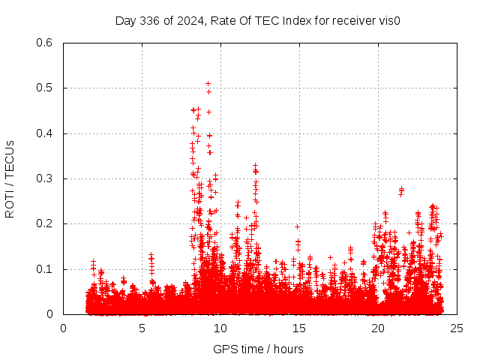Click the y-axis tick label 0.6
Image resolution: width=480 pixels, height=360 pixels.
[43, 43]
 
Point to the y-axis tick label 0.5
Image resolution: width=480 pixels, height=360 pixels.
[43, 88]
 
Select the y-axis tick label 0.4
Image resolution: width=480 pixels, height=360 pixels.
[43, 133]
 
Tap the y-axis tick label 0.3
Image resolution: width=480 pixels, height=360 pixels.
[43, 179]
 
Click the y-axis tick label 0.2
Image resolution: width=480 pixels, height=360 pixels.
[43, 224]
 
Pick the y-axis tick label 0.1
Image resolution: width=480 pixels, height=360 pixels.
[43, 269]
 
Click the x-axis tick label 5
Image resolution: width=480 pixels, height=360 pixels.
[142, 328]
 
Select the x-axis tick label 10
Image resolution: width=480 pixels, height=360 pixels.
[220, 328]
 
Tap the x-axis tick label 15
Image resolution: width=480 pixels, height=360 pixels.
[299, 328]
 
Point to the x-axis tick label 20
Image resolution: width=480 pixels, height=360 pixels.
[378, 328]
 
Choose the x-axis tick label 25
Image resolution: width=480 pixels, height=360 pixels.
[457, 328]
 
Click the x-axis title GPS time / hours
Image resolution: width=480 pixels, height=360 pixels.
[258, 349]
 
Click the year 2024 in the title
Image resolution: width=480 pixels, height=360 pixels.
[192, 20]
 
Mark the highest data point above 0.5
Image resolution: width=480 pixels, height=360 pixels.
[208, 83]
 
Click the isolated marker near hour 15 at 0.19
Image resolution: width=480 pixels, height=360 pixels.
[297, 226]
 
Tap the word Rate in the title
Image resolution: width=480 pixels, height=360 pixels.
[226, 20]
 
